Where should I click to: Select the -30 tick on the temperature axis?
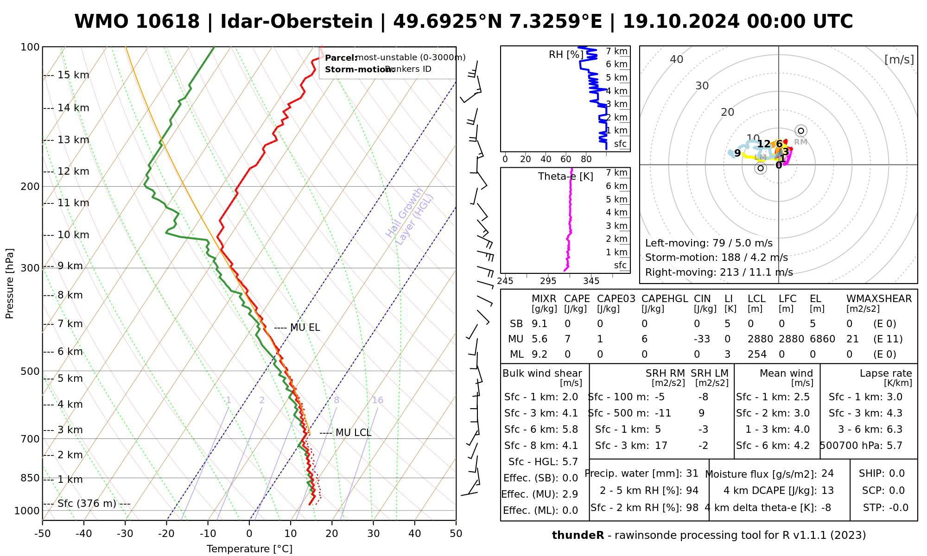click(x=125, y=534)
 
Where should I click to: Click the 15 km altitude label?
click(x=73, y=75)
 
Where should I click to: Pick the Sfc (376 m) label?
click(x=87, y=504)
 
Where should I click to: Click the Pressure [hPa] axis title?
click(x=10, y=284)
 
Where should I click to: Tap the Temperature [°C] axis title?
click(x=249, y=549)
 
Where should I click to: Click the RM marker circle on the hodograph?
click(x=801, y=131)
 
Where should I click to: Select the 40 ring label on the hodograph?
click(x=677, y=59)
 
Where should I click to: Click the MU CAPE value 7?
click(x=567, y=339)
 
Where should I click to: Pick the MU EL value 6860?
click(x=822, y=339)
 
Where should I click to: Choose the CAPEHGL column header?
click(x=665, y=299)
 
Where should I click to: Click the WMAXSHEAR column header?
click(x=879, y=299)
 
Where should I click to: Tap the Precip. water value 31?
click(x=692, y=474)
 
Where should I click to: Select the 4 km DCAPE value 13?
click(x=827, y=491)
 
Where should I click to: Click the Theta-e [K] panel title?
click(x=565, y=177)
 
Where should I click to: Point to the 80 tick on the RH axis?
click(x=586, y=159)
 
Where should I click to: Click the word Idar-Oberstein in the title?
click(x=297, y=22)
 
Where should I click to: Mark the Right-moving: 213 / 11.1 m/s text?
click(x=719, y=272)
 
